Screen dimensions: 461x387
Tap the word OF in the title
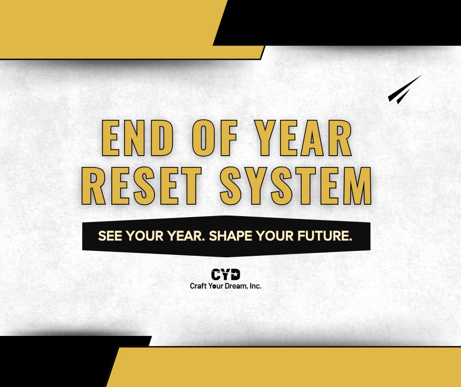tap(215, 138)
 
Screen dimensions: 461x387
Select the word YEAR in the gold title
tap(304, 138)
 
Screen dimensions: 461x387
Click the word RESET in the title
tap(141, 186)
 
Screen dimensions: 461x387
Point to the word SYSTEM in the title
tap(296, 186)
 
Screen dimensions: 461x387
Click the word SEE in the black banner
tap(110, 236)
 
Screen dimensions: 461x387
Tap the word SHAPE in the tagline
tap(230, 236)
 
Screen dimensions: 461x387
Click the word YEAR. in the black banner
tap(186, 236)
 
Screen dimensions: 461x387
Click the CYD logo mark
tap(226, 275)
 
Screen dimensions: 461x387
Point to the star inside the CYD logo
tap(235, 275)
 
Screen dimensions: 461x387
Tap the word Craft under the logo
tap(198, 286)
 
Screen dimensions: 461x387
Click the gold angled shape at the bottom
tap(284, 367)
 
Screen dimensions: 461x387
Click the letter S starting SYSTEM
tap(230, 186)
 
